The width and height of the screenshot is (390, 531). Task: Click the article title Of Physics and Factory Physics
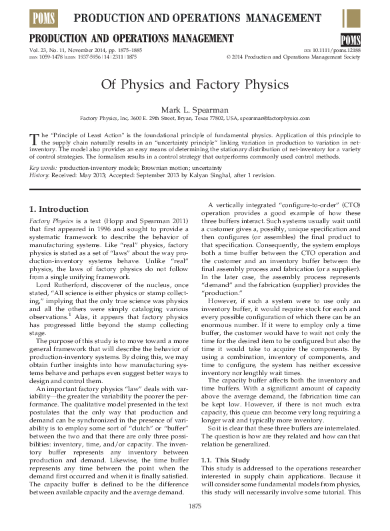point(195,85)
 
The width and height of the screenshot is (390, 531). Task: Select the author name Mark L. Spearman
point(195,109)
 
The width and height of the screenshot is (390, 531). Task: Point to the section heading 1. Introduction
point(60,209)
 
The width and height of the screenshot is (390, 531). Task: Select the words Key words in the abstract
point(43,169)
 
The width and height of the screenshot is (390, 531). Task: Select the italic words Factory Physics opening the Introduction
point(56,219)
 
